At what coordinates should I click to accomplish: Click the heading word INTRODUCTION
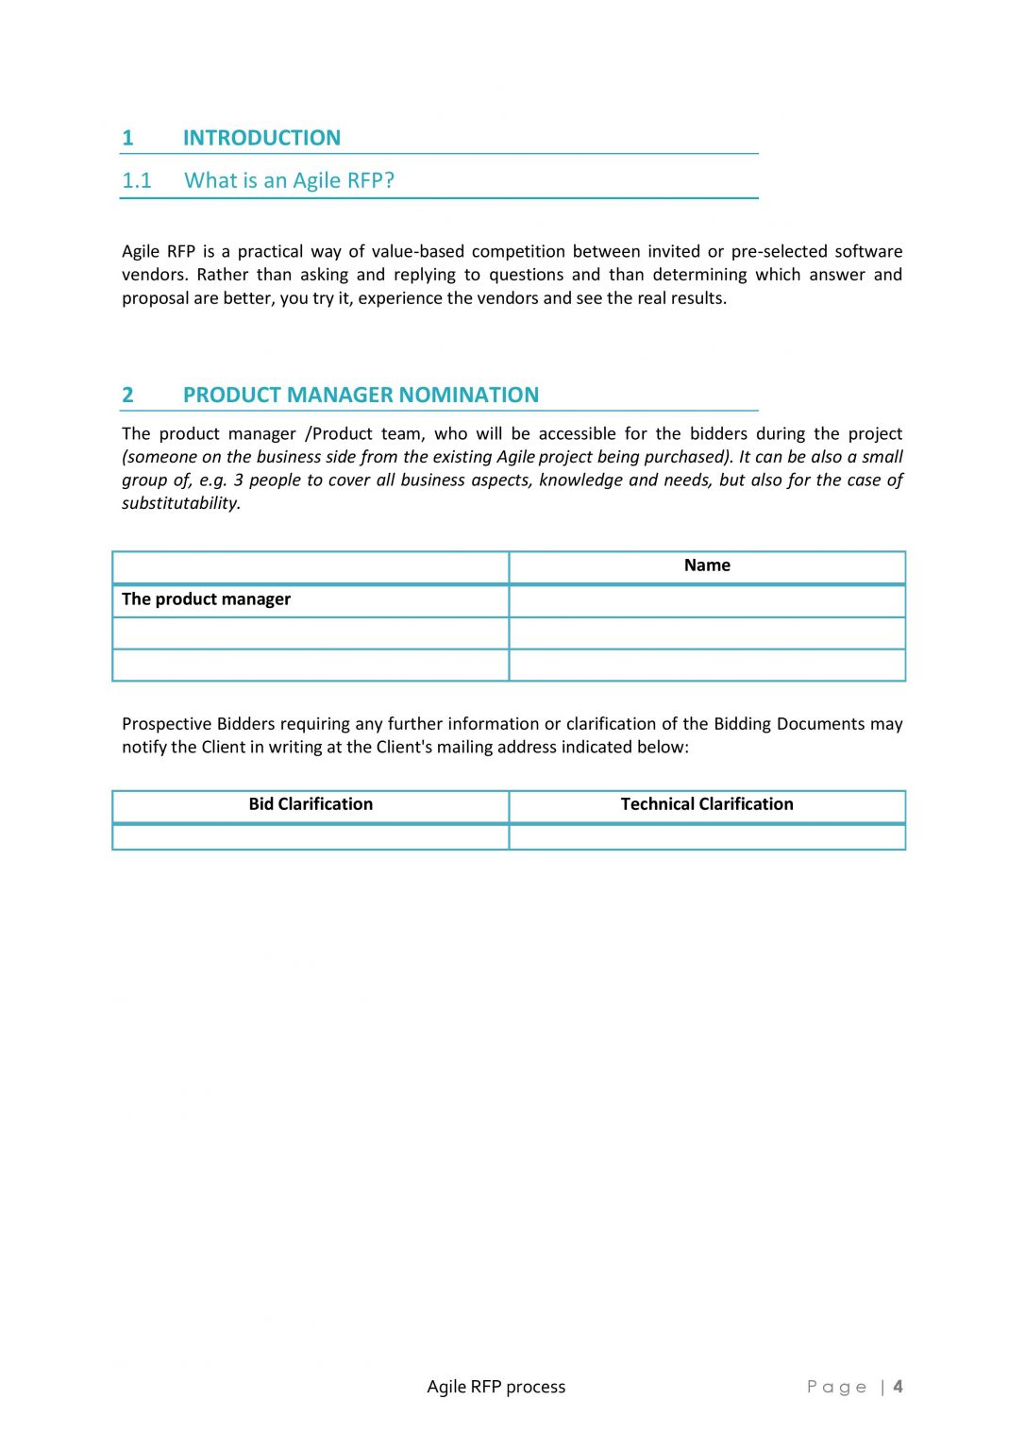(261, 138)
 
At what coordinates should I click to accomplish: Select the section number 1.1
(137, 180)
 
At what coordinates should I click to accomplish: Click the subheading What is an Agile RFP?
(289, 180)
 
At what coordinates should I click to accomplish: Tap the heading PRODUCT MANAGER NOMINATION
(361, 395)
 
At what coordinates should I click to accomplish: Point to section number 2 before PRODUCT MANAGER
(127, 395)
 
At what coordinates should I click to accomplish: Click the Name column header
(707, 565)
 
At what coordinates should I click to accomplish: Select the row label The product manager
(206, 599)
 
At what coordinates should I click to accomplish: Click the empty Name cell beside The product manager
(707, 600)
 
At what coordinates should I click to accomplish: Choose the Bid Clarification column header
(311, 804)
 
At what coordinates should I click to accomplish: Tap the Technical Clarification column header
(707, 804)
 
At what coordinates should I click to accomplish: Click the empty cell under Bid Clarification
(311, 836)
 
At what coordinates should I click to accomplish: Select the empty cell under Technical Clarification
(707, 836)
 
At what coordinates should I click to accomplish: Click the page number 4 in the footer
(898, 1387)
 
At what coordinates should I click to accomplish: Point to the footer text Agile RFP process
(496, 1387)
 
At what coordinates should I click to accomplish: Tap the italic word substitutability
(180, 503)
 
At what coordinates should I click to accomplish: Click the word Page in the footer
(836, 1387)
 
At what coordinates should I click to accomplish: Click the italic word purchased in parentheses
(685, 457)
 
